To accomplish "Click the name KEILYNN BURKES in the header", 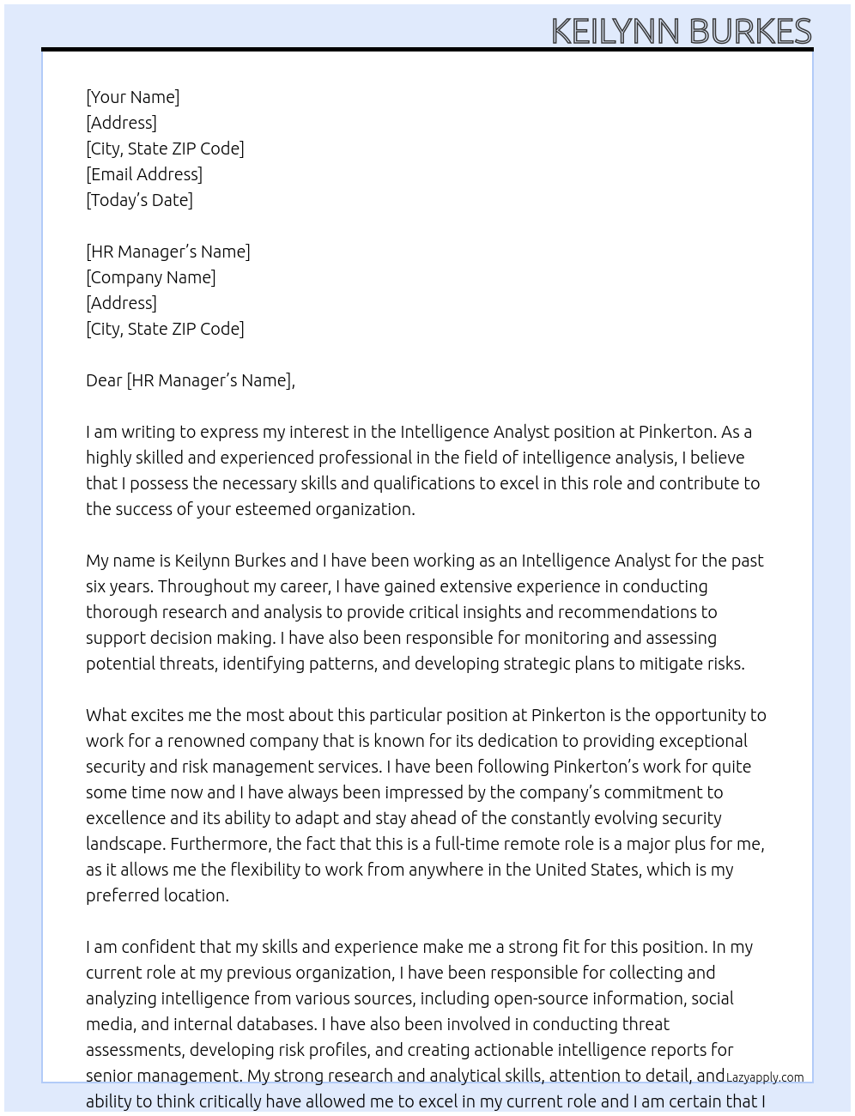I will pyautogui.click(x=681, y=32).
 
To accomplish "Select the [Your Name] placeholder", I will pyautogui.click(x=133, y=97).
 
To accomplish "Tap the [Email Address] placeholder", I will pyautogui.click(x=144, y=174).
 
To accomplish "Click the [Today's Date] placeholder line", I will pyautogui.click(x=139, y=200).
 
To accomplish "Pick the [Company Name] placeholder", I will pyautogui.click(x=151, y=277).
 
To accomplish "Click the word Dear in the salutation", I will pyautogui.click(x=104, y=380).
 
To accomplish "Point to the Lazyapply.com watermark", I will pyautogui.click(x=765, y=1077).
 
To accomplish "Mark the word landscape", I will pyautogui.click(x=122, y=844).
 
